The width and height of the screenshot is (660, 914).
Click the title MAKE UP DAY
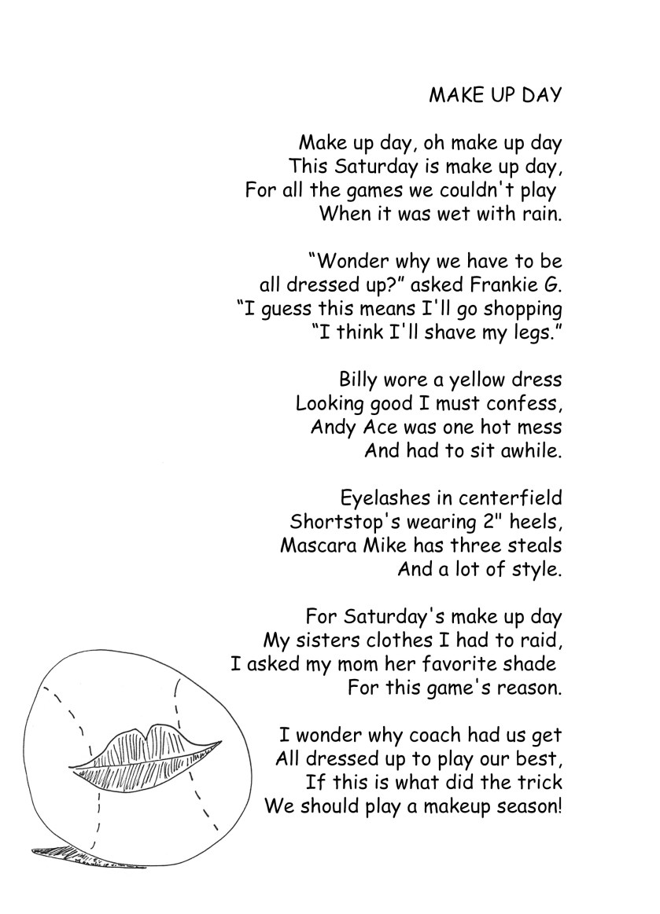point(495,95)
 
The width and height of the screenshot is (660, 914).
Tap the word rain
point(542,214)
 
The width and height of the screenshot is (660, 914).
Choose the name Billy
point(358,380)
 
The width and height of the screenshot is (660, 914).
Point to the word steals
point(536,545)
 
